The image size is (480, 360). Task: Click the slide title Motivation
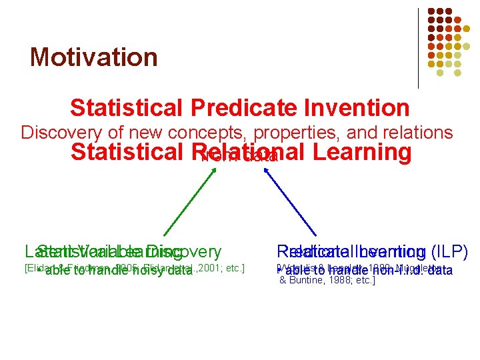pos(93,57)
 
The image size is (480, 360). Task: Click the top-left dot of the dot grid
pos(431,11)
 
